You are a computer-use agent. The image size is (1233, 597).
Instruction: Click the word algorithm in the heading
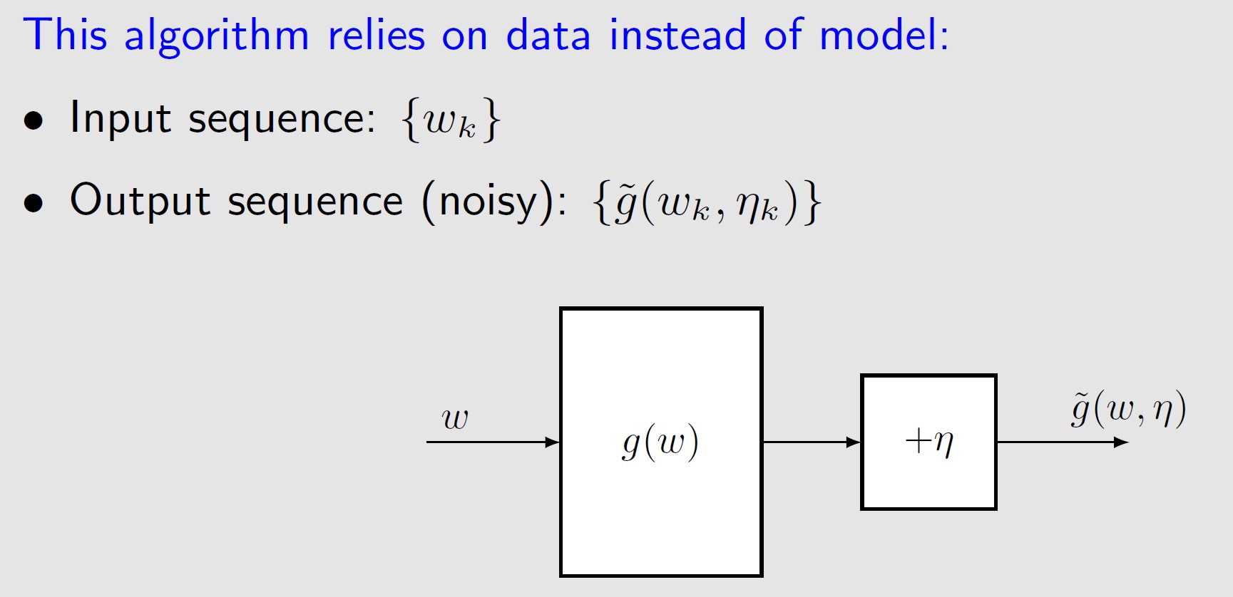217,36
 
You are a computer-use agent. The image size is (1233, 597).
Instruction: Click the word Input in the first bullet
120,118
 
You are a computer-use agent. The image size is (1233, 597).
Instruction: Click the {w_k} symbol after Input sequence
451,120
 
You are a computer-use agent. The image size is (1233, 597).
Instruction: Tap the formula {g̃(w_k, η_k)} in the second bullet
707,202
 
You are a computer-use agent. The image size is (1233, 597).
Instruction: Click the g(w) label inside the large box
660,442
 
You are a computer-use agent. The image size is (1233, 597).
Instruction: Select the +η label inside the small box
928,442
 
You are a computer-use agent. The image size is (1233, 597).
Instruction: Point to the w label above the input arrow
455,418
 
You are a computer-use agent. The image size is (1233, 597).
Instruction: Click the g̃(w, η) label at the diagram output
1128,410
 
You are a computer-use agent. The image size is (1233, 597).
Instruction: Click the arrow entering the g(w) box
493,442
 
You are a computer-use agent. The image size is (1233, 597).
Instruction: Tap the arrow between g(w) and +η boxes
812,442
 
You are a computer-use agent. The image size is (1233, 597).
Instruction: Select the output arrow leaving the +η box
1062,442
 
